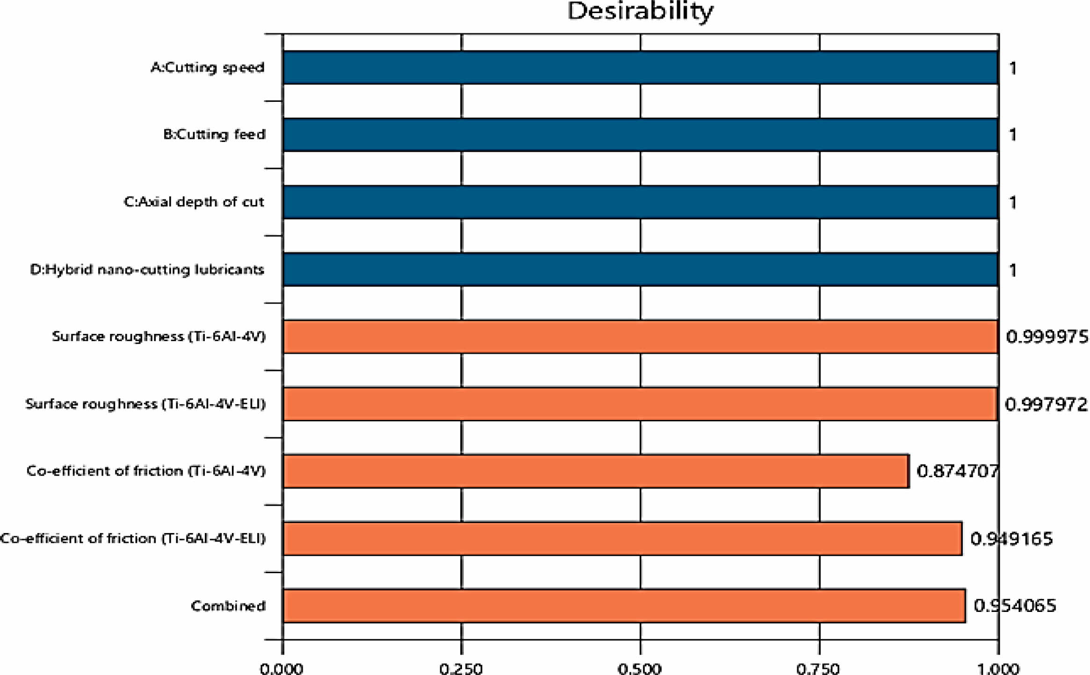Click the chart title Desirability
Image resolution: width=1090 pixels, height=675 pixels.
coord(640,11)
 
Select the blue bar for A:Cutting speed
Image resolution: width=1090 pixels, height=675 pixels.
coord(640,68)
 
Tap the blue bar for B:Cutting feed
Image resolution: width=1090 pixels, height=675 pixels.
coord(640,135)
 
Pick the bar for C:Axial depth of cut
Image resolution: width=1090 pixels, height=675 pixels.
coord(640,202)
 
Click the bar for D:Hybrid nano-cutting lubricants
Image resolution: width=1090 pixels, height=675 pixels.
coord(640,270)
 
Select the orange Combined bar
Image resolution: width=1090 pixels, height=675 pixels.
coord(624,606)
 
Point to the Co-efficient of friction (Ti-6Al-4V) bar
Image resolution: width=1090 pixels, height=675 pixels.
coord(596,471)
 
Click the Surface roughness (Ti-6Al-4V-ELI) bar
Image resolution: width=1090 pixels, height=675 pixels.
coord(640,404)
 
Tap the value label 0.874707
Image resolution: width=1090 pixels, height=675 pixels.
coord(957,471)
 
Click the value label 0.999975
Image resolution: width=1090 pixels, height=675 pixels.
coord(1047,337)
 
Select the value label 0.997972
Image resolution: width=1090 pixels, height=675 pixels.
coord(1046,405)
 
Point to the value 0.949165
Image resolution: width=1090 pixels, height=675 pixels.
coord(1011,539)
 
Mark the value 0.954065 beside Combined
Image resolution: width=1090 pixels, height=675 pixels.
coord(1015,606)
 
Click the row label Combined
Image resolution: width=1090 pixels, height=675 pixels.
coord(228,606)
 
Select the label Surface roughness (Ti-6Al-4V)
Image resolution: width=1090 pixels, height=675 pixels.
coord(159,336)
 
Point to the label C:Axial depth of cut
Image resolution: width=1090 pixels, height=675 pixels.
coord(194,202)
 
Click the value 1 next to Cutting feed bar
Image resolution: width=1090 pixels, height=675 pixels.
coord(1013,135)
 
